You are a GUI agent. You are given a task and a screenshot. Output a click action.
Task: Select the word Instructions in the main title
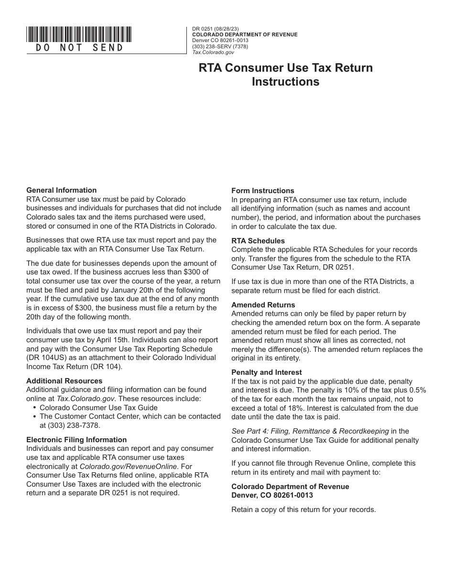(285, 82)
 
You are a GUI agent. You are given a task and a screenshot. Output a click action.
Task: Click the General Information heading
(61, 190)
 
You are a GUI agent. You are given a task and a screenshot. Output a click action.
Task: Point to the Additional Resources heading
(64, 381)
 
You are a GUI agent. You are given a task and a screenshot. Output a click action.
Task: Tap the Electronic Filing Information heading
(76, 440)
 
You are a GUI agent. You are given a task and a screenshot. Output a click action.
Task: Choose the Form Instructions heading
(263, 191)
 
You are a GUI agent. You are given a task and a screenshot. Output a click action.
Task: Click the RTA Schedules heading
(258, 241)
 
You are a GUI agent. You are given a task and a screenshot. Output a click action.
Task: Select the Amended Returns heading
(263, 305)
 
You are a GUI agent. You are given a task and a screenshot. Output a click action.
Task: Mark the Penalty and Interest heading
(267, 372)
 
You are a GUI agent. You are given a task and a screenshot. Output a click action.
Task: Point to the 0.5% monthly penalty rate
(416, 390)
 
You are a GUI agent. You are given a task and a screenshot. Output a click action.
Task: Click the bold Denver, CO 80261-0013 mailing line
(272, 495)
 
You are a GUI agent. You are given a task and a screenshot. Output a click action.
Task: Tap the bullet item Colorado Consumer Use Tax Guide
(98, 408)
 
